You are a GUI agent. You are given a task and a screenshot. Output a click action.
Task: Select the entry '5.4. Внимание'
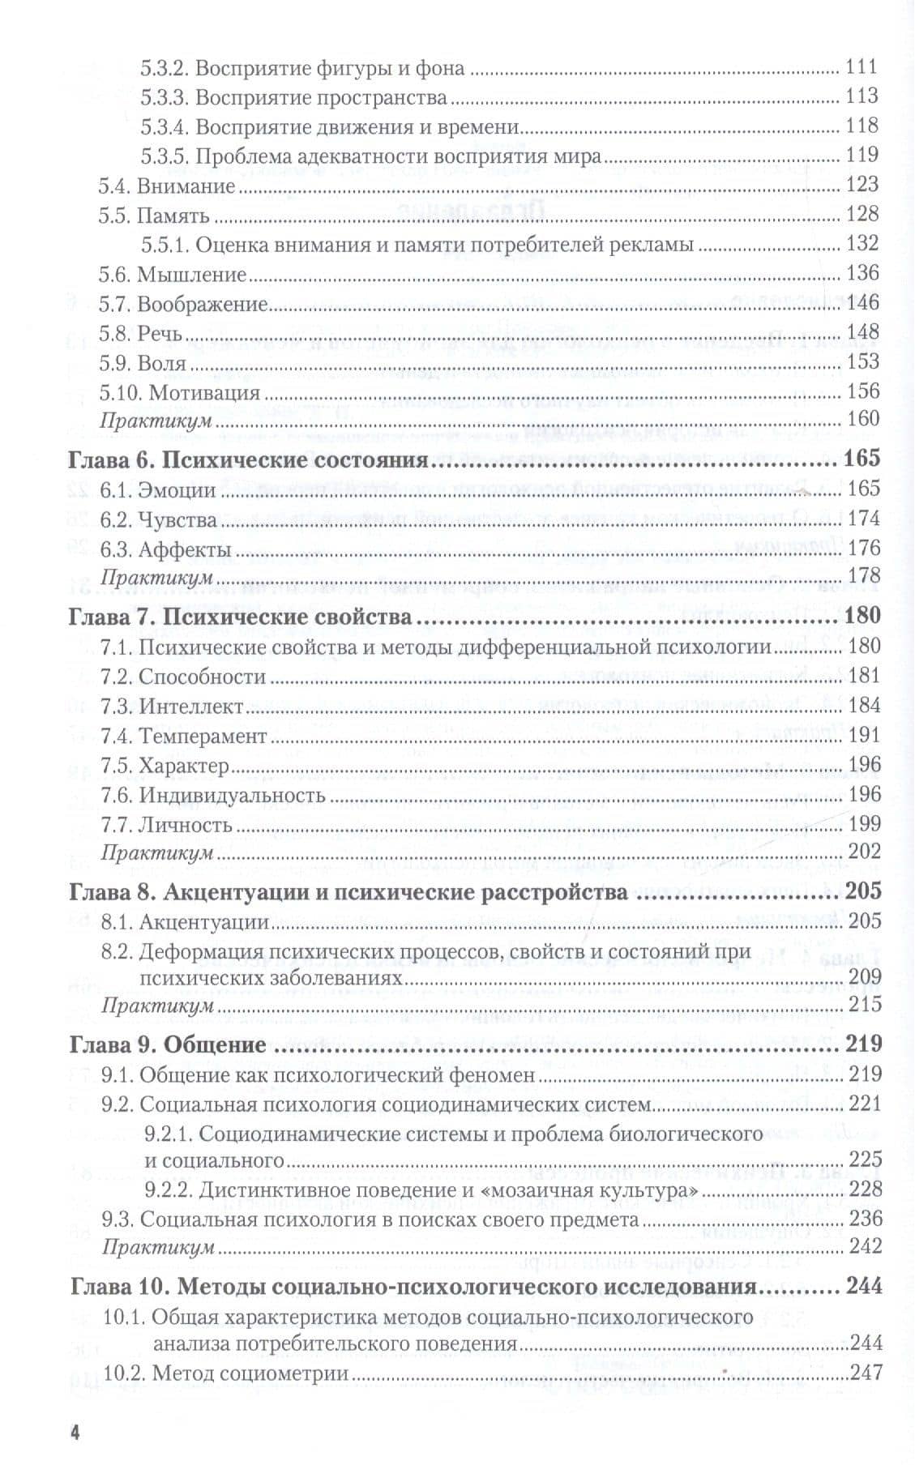[167, 186]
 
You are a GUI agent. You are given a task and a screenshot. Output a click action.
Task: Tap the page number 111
[862, 68]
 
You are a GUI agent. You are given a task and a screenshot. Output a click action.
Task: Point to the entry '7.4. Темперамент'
[183, 737]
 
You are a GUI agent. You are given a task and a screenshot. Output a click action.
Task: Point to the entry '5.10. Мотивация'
[179, 393]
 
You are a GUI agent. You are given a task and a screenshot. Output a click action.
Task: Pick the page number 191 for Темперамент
[863, 736]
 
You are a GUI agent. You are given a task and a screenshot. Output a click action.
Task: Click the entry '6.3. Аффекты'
[166, 550]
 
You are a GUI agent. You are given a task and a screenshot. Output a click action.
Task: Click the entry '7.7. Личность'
[167, 826]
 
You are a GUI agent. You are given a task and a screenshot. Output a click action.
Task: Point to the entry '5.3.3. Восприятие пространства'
[294, 98]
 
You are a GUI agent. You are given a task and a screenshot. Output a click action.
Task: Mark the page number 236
[863, 1219]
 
